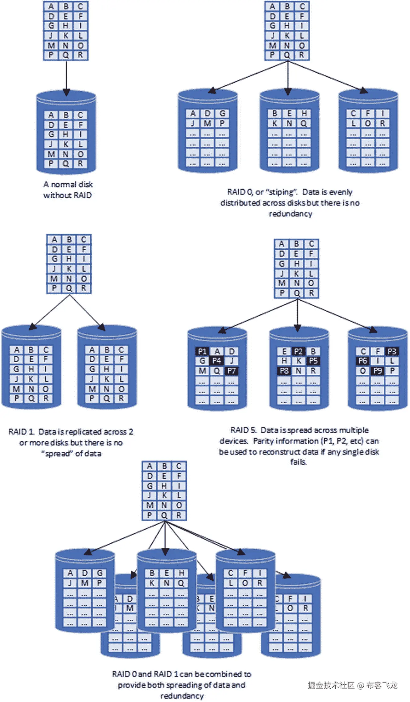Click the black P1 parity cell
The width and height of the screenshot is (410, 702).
tap(202, 351)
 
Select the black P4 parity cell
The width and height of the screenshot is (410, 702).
tap(217, 361)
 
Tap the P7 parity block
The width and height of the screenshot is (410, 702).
tap(231, 371)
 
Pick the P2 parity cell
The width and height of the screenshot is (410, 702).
tap(298, 351)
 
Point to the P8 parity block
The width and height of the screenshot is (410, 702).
tap(284, 371)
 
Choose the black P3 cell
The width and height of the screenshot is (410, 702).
tap(392, 351)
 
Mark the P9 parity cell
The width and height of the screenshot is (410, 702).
tap(377, 371)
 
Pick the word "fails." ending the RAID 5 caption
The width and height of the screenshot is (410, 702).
tap(298, 462)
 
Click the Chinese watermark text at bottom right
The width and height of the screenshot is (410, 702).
tap(352, 685)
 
